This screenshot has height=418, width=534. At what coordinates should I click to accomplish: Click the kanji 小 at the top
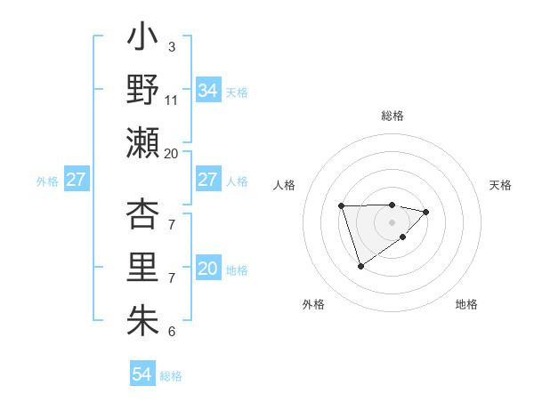pos(142,39)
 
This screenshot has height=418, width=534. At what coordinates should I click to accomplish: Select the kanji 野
pos(142,90)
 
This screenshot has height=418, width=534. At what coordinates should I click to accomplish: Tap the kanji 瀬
pos(142,141)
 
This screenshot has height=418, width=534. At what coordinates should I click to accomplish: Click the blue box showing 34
pos(208,91)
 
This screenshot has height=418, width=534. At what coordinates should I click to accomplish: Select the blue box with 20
pos(208,269)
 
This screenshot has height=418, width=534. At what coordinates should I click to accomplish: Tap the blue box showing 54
pos(142,374)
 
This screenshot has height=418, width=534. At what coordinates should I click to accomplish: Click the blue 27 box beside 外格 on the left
pos(76,180)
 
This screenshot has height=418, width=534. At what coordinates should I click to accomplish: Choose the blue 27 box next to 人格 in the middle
pos(208,180)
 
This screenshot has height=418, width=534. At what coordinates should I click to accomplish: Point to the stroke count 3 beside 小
pos(171,46)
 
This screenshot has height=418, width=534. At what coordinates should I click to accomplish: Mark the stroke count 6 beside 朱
pos(171,332)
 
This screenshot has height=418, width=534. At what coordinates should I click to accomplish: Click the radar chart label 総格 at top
pos(392,116)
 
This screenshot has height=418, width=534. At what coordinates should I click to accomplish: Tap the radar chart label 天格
pos(500,185)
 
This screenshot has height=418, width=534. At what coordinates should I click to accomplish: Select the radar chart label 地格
pos(466,304)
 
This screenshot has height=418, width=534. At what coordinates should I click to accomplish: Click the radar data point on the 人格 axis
pos(342,205)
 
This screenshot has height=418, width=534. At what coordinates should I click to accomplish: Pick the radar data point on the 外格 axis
pos(360,266)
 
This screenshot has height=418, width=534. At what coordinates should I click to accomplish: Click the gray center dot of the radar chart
pos(392,221)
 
